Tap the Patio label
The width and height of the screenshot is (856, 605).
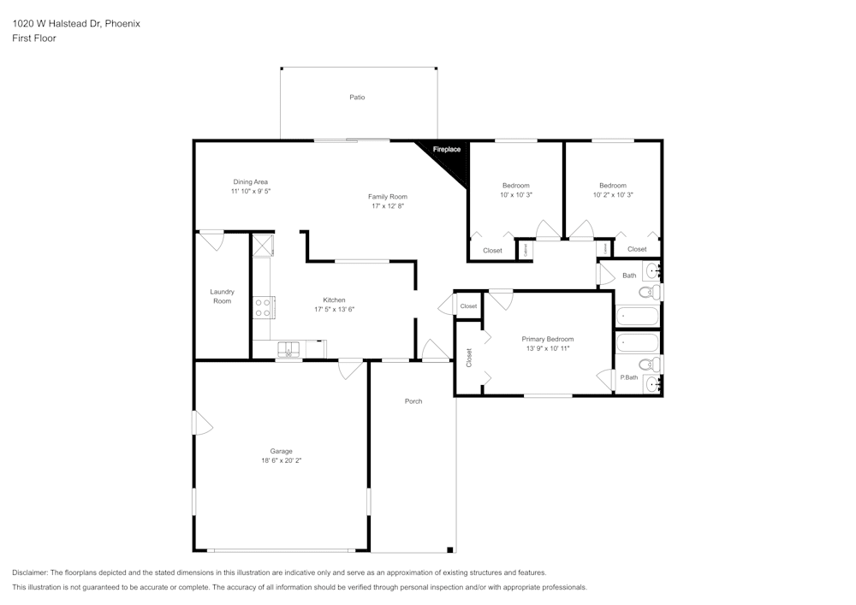click(x=357, y=98)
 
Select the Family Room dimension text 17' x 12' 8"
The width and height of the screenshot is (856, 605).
click(x=388, y=206)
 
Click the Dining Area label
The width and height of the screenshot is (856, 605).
click(x=251, y=181)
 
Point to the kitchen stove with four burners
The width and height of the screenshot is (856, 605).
click(x=263, y=307)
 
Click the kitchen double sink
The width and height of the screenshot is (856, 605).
click(x=289, y=348)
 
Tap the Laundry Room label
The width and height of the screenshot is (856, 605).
click(x=223, y=296)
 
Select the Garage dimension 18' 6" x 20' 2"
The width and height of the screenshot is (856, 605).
click(x=282, y=460)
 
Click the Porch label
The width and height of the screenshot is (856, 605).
click(x=413, y=401)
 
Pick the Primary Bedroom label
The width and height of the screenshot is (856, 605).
click(x=548, y=339)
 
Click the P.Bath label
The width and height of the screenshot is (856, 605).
click(x=629, y=377)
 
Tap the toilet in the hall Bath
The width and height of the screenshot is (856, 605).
click(x=650, y=293)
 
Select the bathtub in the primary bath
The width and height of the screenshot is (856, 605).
click(x=638, y=343)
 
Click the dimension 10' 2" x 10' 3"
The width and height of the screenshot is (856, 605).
click(x=613, y=195)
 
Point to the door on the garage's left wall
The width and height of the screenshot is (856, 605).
click(x=201, y=423)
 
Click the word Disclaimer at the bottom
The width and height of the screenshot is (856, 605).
click(x=30, y=572)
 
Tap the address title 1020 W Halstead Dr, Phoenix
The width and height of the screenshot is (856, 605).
click(x=76, y=24)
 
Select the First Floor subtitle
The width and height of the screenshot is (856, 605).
click(x=34, y=39)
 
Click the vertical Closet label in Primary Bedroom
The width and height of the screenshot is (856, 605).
click(x=469, y=358)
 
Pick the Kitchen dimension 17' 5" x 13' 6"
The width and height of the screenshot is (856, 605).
click(x=334, y=309)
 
